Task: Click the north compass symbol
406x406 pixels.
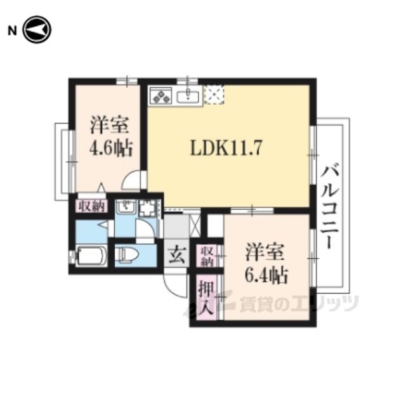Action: click(x=37, y=30)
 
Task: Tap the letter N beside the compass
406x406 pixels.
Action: click(x=12, y=30)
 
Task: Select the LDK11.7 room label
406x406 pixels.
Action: click(x=226, y=148)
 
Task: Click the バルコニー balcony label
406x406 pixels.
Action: click(x=330, y=208)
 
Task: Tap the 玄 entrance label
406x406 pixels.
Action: click(x=177, y=254)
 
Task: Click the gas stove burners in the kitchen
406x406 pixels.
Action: click(x=161, y=96)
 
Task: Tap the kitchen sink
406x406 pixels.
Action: click(x=188, y=96)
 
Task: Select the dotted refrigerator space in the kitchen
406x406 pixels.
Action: click(x=214, y=95)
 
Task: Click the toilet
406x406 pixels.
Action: click(x=127, y=254)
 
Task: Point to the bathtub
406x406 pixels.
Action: click(x=91, y=256)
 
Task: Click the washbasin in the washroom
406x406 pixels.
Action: click(x=126, y=206)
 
